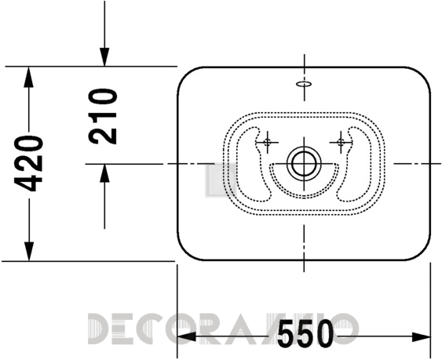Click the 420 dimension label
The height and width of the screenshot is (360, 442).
tap(28, 163)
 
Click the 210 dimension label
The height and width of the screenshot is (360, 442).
tap(103, 116)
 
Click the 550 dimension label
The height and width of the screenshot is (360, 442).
tap(305, 333)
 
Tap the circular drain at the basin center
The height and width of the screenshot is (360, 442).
tap(304, 163)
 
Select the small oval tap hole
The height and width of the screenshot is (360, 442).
tap(304, 84)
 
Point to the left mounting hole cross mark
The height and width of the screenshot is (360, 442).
tap(267, 142)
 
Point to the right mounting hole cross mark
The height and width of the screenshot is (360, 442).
tap(341, 142)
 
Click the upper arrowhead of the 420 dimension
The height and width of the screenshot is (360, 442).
tap(28, 77)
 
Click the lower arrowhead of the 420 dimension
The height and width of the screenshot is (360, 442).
tap(28, 251)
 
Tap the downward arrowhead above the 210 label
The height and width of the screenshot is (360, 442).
tap(104, 57)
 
